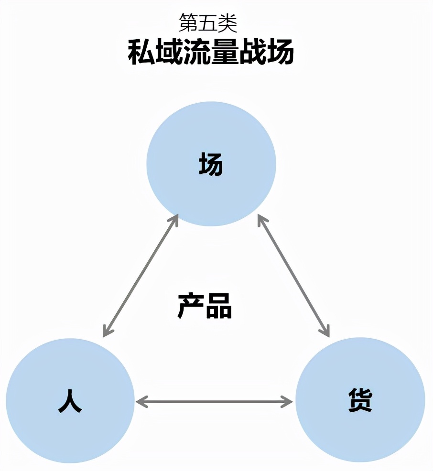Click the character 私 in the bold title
click(141, 53)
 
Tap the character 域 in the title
click(169, 53)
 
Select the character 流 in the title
click(196, 53)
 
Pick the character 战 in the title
click(252, 53)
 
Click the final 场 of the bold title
click(280, 53)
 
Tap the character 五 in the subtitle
click(210, 22)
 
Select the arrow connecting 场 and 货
click(293, 276)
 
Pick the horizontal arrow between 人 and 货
click(214, 402)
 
